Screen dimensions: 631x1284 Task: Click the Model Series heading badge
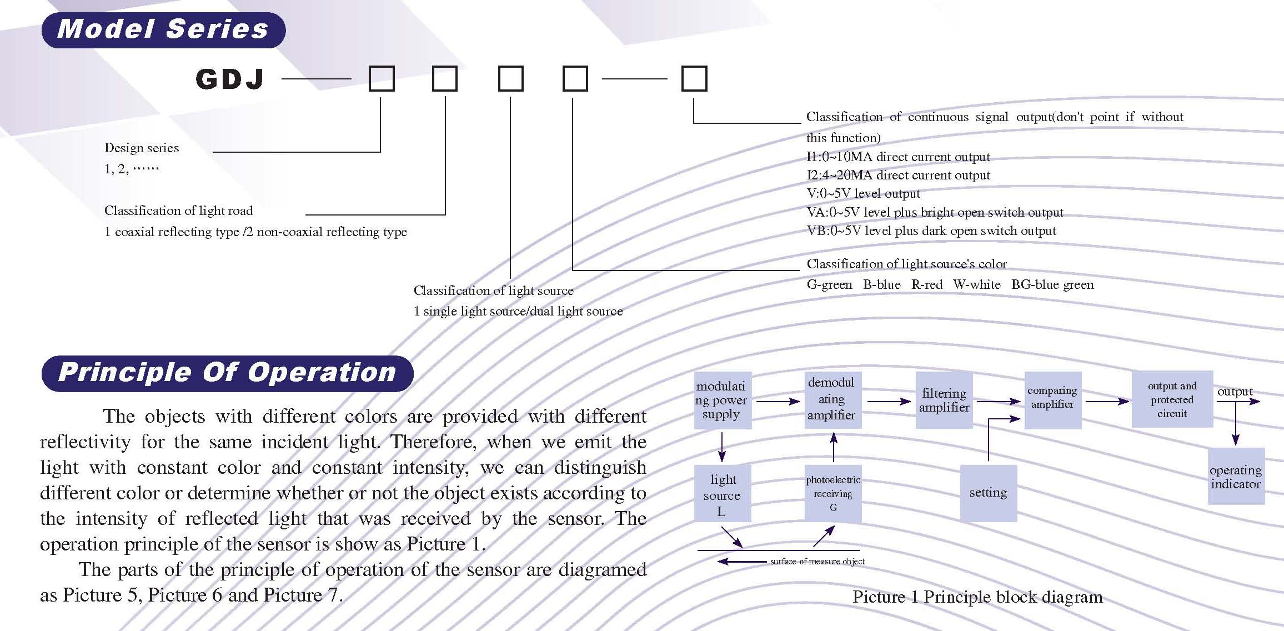[163, 29]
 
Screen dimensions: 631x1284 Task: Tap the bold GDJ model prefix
[230, 79]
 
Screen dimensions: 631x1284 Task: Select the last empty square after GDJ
[694, 78]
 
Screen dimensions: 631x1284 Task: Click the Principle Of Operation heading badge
[227, 373]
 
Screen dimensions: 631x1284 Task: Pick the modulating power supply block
[722, 400]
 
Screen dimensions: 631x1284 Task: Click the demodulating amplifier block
[832, 399]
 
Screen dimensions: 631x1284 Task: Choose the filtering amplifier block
[944, 400]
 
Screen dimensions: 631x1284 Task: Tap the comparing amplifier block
[1052, 400]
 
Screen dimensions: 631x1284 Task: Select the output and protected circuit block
[1172, 399]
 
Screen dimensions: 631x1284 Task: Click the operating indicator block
[1236, 477]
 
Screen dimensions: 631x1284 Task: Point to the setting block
[988, 493]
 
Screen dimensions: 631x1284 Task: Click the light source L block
[722, 494]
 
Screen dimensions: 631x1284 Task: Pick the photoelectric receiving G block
[833, 494]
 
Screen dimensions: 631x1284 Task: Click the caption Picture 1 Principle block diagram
[977, 597]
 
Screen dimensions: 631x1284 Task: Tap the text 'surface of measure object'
[817, 562]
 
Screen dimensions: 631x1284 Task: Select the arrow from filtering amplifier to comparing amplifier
[998, 401]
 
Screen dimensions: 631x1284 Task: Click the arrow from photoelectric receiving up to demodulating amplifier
[833, 447]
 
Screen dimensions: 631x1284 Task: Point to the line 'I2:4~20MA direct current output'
[898, 176]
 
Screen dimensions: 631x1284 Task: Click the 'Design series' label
[142, 148]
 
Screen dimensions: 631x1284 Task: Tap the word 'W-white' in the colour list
[976, 285]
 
